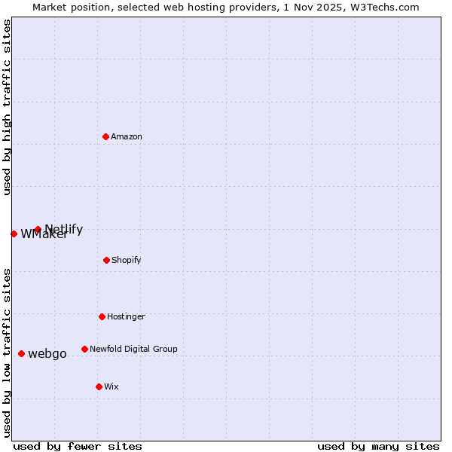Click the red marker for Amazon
tap(106, 136)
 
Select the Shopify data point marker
tap(106, 260)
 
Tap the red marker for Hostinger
tap(102, 316)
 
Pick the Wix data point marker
tap(99, 386)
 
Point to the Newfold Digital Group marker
tap(84, 349)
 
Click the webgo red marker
tap(21, 353)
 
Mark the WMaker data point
tap(14, 234)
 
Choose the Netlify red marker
tap(38, 229)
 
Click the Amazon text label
tap(127, 136)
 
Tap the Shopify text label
tap(127, 260)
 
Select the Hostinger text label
tap(126, 316)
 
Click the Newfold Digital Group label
tap(133, 349)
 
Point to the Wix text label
tap(111, 386)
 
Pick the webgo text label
tap(47, 353)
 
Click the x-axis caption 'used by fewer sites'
tap(78, 446)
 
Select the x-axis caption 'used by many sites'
tap(378, 446)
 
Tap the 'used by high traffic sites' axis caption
tap(7, 107)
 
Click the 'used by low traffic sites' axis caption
tap(7, 352)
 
